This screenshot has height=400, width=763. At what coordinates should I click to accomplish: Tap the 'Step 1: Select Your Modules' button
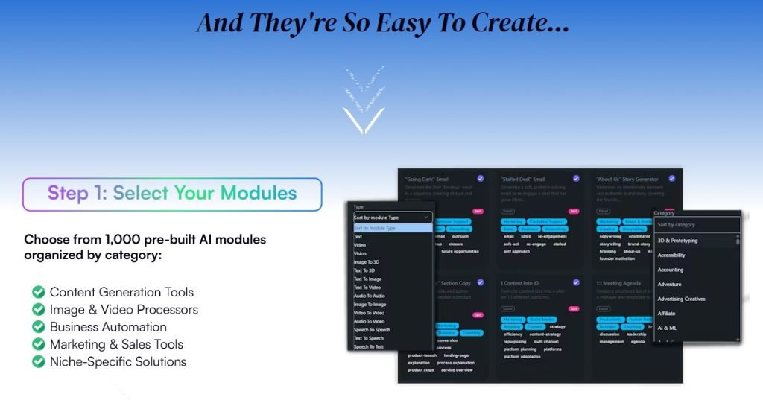pyautogui.click(x=172, y=194)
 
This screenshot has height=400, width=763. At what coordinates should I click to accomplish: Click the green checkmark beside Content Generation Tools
pyautogui.click(x=38, y=292)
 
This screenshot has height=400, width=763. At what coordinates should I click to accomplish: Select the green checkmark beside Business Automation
pyautogui.click(x=38, y=327)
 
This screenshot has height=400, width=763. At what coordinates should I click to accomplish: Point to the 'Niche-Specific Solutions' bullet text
pyautogui.click(x=118, y=362)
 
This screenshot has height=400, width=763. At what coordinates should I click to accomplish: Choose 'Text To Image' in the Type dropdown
pyautogui.click(x=367, y=279)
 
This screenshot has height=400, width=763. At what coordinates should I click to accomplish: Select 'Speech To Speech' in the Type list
pyautogui.click(x=371, y=329)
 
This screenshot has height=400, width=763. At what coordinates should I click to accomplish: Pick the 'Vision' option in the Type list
pyautogui.click(x=360, y=253)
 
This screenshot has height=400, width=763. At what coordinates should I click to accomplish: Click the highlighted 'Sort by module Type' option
pyautogui.click(x=376, y=228)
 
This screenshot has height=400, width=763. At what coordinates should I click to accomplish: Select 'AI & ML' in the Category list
pyautogui.click(x=667, y=328)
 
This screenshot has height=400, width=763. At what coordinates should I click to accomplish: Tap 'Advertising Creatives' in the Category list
pyautogui.click(x=681, y=299)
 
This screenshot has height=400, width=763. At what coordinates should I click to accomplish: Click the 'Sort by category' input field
pyautogui.click(x=697, y=224)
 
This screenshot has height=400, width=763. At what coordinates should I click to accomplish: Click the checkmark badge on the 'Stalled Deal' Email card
pyautogui.click(x=576, y=179)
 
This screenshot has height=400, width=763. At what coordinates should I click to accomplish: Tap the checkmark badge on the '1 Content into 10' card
pyautogui.click(x=576, y=282)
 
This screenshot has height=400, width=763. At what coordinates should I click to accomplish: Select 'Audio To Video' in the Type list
pyautogui.click(x=369, y=321)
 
